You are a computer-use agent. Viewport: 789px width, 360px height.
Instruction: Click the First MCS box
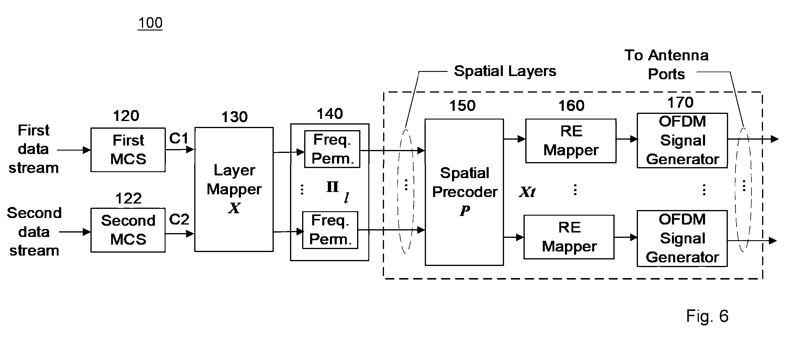128,150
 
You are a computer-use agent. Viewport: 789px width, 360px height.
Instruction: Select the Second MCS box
128,230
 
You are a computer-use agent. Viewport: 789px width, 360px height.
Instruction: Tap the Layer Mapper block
234,189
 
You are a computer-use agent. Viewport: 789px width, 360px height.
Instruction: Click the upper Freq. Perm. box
332,149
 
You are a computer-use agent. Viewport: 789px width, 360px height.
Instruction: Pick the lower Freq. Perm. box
330,230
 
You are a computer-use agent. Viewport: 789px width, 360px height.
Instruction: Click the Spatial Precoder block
464,192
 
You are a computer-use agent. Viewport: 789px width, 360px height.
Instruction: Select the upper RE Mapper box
571,141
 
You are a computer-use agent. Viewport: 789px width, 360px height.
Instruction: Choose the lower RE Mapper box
569,237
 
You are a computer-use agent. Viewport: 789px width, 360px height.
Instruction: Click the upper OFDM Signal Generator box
682,141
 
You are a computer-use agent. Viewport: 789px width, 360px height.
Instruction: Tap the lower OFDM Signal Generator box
682,239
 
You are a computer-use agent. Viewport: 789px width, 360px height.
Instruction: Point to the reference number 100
150,23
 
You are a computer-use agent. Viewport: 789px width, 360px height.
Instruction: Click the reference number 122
129,198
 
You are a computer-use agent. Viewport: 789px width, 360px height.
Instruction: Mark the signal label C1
179,138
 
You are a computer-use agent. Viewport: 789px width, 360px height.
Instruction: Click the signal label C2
179,219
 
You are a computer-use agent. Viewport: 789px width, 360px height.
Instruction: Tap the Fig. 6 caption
707,316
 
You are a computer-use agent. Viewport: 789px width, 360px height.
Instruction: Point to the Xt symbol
527,192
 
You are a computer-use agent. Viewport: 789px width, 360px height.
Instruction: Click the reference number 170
681,102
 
